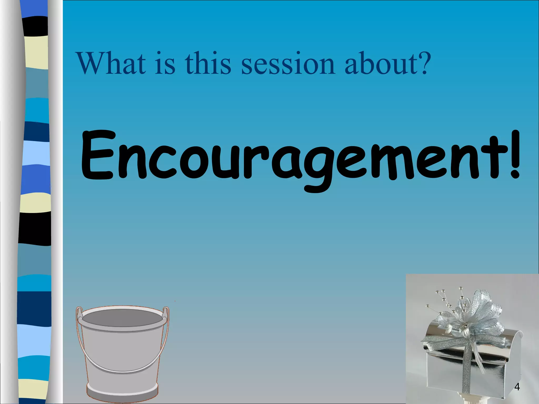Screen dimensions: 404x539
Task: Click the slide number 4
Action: (x=517, y=387)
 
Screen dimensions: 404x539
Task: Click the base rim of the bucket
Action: (x=122, y=395)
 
